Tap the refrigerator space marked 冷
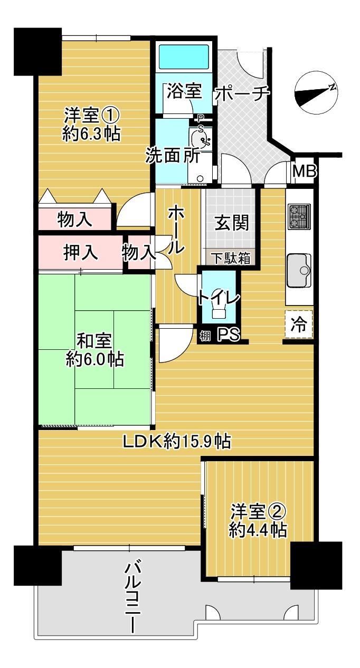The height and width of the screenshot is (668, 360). point(299,324)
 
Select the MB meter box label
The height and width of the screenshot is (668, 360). point(304,171)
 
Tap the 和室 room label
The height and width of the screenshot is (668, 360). point(94,341)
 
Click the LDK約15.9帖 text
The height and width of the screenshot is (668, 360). point(177,441)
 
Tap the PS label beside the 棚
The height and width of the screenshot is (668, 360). point(229,335)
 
